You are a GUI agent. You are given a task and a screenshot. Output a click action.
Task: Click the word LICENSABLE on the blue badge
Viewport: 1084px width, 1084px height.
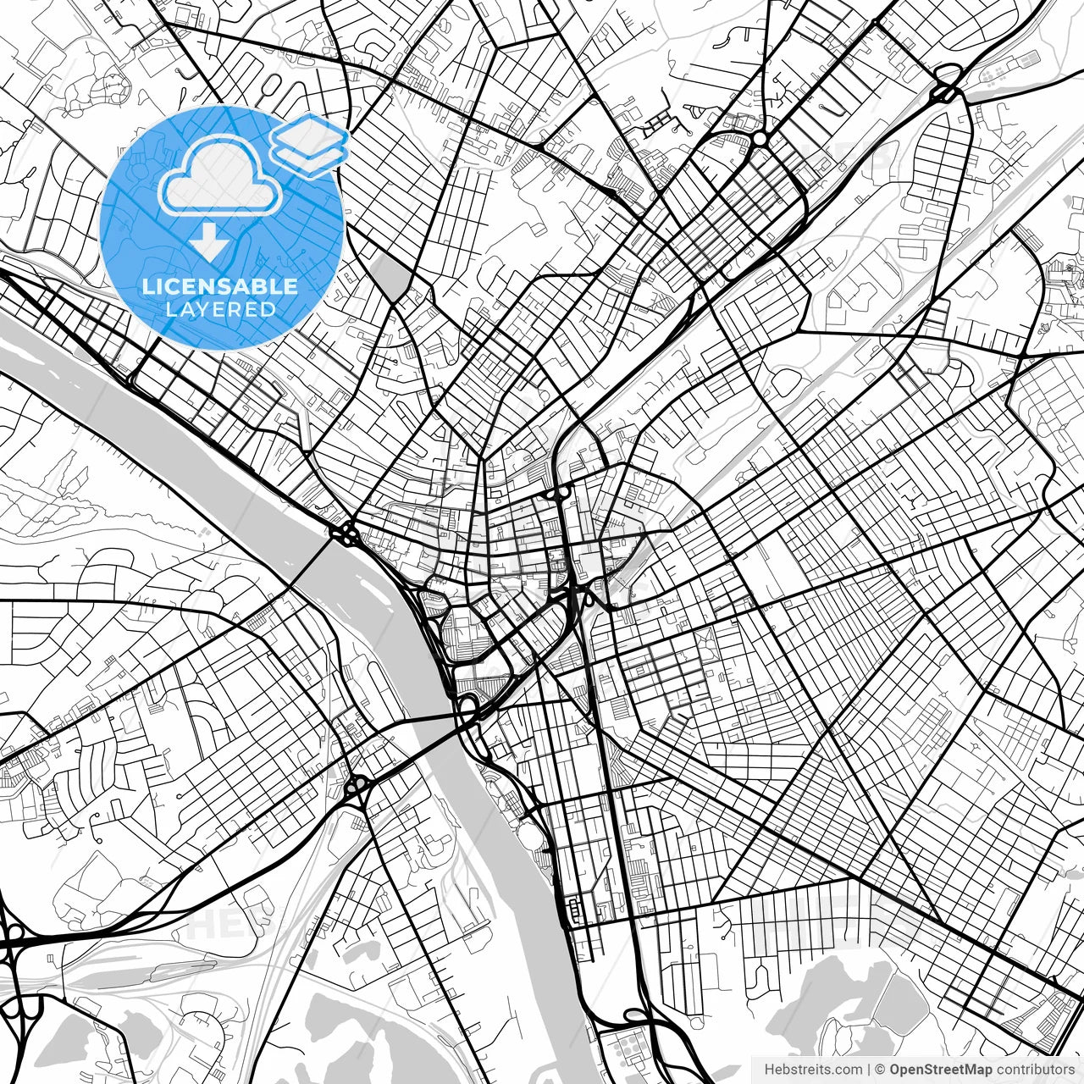pyautogui.click(x=220, y=286)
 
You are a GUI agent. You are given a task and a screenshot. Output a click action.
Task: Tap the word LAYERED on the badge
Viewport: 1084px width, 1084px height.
pyautogui.click(x=220, y=310)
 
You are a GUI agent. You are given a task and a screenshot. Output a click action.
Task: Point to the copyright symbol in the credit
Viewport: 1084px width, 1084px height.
pyautogui.click(x=879, y=1070)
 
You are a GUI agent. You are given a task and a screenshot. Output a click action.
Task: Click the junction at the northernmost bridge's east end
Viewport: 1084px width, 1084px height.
pyautogui.click(x=347, y=534)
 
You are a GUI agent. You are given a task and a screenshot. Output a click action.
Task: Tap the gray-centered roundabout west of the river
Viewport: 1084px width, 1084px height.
pyautogui.click(x=357, y=787)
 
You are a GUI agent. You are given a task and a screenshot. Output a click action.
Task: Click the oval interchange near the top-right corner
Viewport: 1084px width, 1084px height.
pyautogui.click(x=947, y=92)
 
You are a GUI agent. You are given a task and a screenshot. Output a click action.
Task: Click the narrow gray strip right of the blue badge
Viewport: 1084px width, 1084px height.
pyautogui.click(x=387, y=275)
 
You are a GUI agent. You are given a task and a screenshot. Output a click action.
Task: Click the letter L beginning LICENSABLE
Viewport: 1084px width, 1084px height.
pyautogui.click(x=147, y=286)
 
